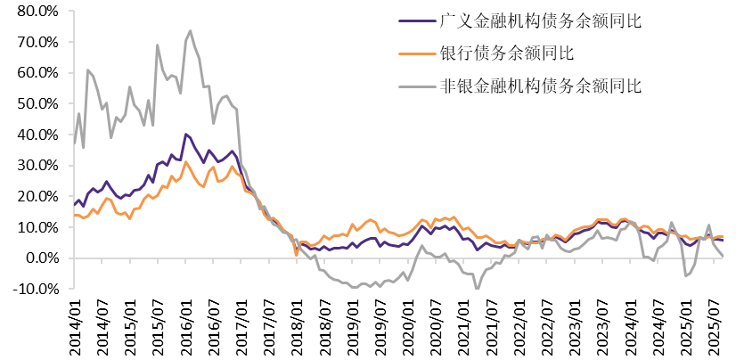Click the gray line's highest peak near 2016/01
[190, 31]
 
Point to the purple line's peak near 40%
[185, 135]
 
